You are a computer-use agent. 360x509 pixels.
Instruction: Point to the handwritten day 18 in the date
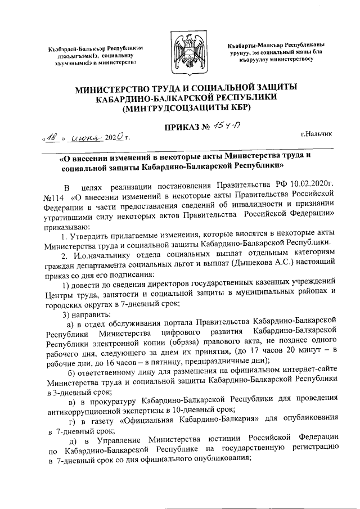[x=52, y=136]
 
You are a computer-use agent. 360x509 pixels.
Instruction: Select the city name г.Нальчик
[x=316, y=133]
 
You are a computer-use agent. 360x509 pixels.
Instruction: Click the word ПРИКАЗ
[x=179, y=128]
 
